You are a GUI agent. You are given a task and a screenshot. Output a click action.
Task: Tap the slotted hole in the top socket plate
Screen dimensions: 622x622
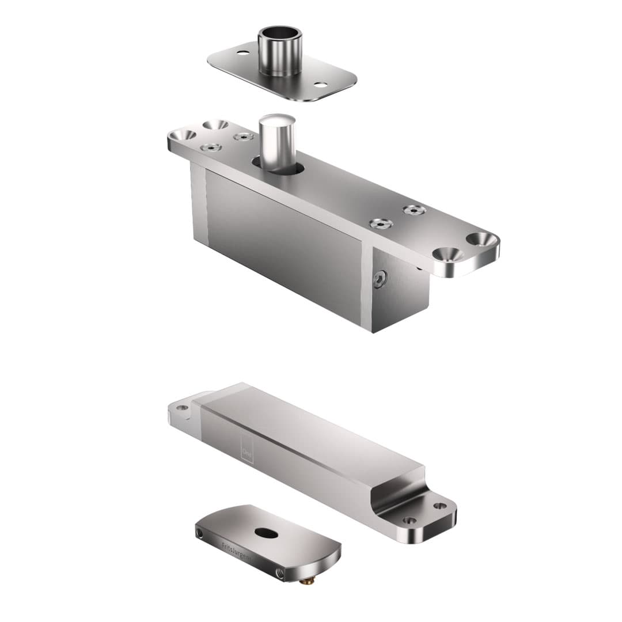tap(320, 85)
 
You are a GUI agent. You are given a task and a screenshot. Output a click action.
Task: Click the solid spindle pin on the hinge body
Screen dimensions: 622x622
tap(276, 141)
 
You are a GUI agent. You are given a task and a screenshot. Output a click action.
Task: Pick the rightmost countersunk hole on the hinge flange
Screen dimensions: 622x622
tap(481, 238)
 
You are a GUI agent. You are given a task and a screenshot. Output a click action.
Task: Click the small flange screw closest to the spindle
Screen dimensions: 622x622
tap(244, 137)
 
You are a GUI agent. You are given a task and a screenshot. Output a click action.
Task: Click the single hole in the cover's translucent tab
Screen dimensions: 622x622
tap(182, 408)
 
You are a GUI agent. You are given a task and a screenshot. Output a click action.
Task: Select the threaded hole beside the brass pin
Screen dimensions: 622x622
tap(280, 574)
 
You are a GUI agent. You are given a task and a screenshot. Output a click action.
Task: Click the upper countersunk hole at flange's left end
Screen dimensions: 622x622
tap(215, 124)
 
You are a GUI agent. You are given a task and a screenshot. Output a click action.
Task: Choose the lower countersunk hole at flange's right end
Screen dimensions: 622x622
tap(448, 253)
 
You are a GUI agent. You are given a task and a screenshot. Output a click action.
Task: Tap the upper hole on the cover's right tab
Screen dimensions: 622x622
tap(440, 506)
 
